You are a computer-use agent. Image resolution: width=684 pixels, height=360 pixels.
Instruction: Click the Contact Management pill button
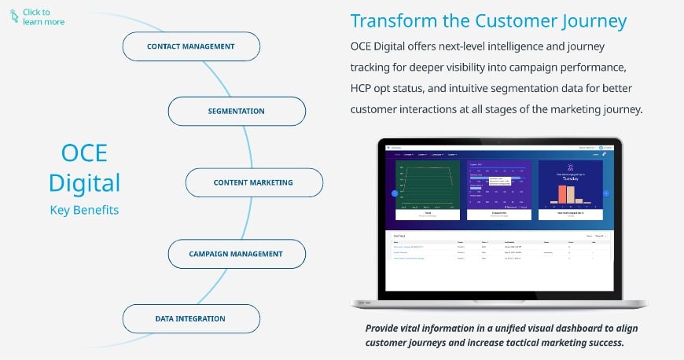pos(191,46)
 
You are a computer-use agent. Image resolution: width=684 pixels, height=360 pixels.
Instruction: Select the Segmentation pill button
pos(237,112)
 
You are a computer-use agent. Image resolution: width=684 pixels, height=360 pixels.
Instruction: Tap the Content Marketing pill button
pos(253,182)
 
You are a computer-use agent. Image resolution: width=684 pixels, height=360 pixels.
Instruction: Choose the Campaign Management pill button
pos(236,254)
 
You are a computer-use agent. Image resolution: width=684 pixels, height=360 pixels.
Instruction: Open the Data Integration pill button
pos(190,318)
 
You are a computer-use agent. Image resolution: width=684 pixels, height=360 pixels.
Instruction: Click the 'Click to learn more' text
pos(43,17)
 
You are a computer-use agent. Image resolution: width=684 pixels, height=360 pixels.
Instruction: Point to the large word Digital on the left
pos(84,182)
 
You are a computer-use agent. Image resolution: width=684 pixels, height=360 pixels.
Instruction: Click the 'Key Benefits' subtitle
pos(84,210)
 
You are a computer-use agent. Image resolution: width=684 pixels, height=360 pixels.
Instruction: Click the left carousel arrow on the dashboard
pos(395,193)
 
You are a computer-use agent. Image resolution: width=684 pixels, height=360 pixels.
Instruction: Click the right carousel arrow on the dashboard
pos(606,193)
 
